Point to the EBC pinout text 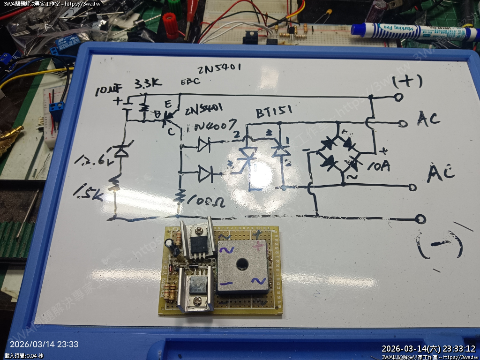point(190,81)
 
